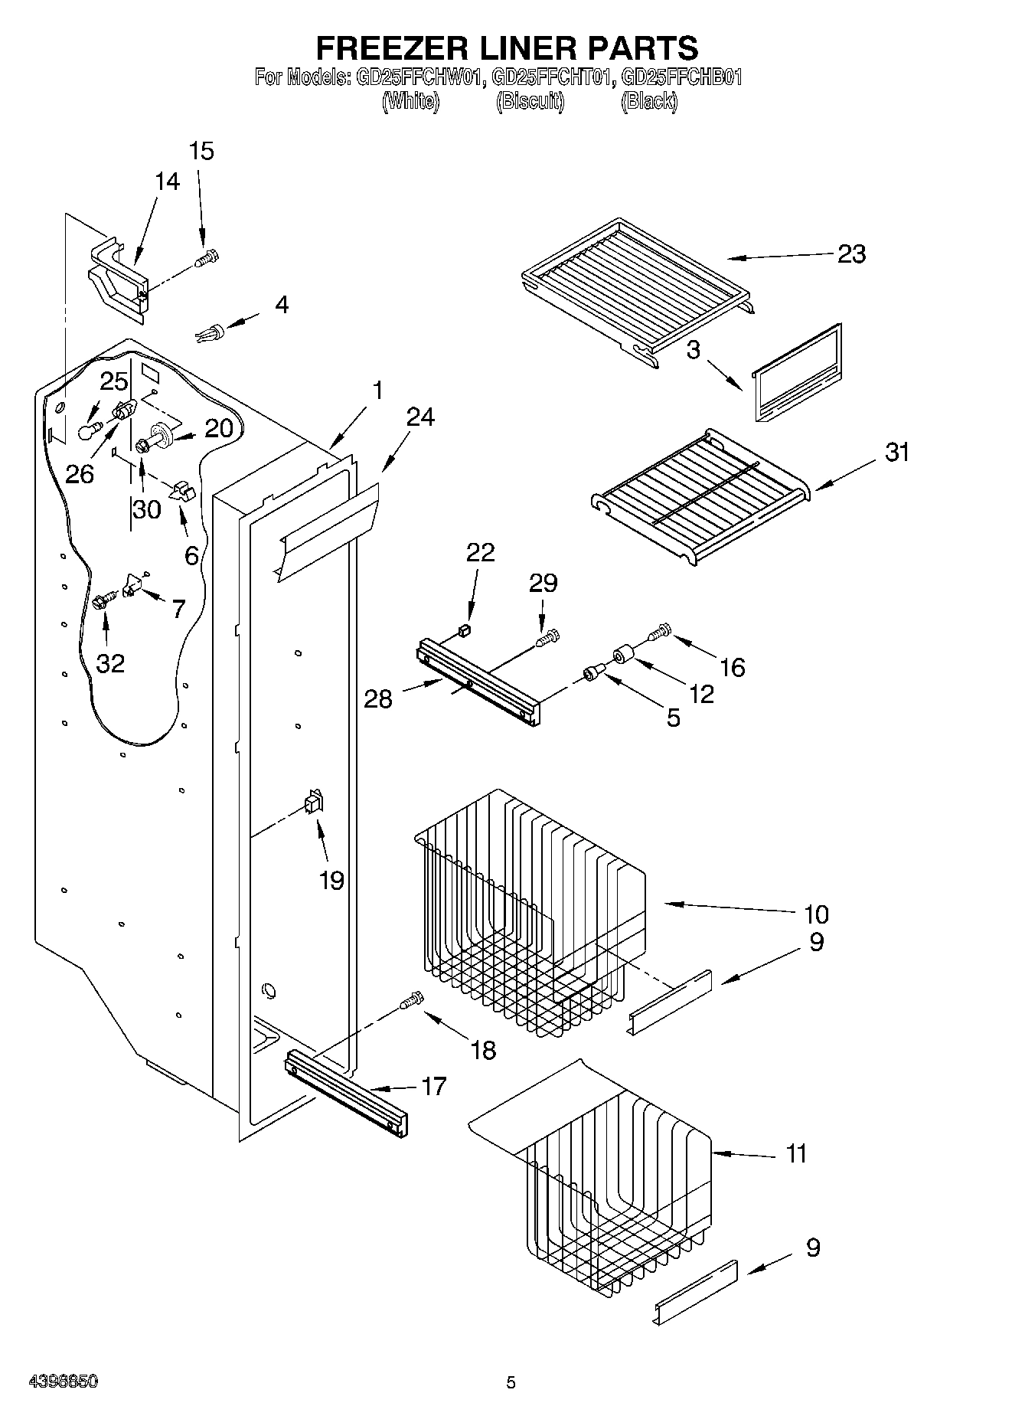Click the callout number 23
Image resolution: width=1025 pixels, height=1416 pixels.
[851, 253]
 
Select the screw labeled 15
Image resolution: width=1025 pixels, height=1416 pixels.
[207, 258]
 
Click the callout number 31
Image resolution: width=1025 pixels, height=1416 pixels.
[897, 452]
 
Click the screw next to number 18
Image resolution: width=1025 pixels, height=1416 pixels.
[412, 1000]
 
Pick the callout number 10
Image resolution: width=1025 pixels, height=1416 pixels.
[816, 914]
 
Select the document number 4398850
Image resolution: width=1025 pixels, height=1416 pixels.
[62, 1381]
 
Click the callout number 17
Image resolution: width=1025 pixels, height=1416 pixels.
[434, 1086]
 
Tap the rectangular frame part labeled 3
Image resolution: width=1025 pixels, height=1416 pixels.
[797, 372]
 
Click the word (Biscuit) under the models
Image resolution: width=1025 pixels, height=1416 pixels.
[530, 100]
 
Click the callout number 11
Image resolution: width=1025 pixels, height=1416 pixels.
[796, 1153]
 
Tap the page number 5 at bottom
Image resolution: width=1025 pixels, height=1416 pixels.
[511, 1382]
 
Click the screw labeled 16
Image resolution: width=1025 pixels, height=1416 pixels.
[659, 632]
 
